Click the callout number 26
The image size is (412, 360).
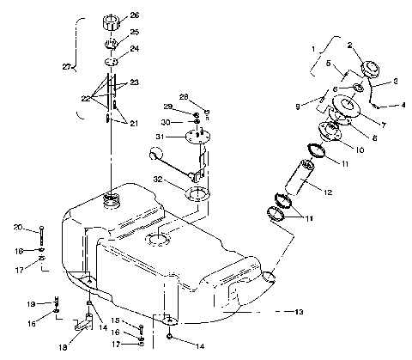click(135, 15)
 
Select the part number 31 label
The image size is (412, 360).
click(161, 137)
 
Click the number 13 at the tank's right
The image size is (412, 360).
click(300, 312)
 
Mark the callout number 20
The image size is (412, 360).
click(17, 228)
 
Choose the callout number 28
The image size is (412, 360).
click(183, 97)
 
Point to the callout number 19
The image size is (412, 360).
click(28, 304)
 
